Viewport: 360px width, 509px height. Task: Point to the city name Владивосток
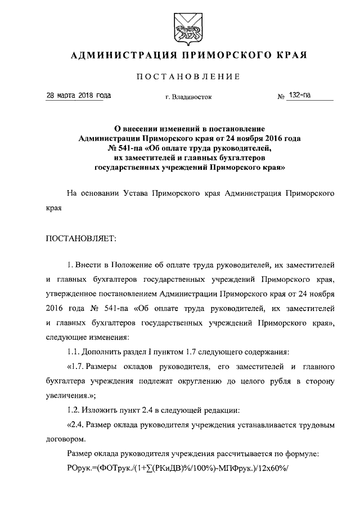(x=192, y=97)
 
